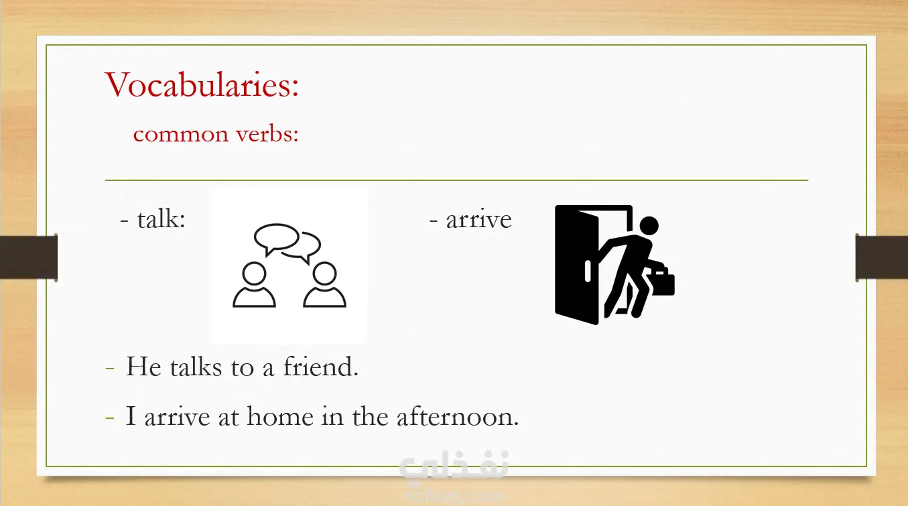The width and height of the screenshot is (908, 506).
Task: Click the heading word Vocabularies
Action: click(x=202, y=84)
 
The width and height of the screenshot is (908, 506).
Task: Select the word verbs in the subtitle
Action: click(x=267, y=134)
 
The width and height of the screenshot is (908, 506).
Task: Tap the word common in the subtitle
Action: click(x=181, y=135)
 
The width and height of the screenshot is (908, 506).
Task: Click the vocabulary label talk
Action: click(x=161, y=219)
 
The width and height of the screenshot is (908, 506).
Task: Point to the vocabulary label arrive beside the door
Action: click(x=478, y=220)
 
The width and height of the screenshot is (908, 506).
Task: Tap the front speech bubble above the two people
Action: click(x=276, y=239)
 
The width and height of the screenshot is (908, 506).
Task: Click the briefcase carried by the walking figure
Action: click(x=660, y=281)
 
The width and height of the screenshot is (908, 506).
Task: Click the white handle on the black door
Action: click(x=588, y=271)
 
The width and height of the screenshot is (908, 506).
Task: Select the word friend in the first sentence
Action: click(x=320, y=367)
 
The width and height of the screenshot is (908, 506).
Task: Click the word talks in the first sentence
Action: click(x=196, y=367)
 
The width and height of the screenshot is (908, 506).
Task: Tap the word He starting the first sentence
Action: click(x=143, y=367)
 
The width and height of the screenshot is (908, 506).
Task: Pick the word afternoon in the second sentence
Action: click(x=457, y=416)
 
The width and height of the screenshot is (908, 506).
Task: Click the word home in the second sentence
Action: click(x=280, y=416)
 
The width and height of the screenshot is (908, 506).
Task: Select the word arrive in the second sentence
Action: click(x=177, y=417)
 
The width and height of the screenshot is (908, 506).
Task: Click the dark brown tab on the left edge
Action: click(x=29, y=257)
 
